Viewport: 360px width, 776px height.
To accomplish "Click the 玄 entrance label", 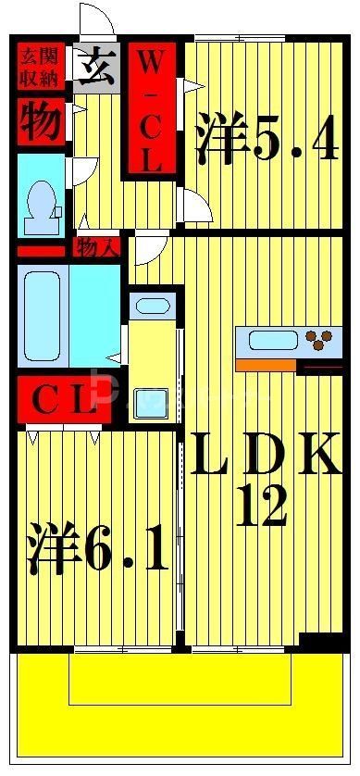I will pyautogui.click(x=96, y=66).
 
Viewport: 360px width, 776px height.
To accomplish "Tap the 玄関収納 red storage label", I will pyautogui.click(x=40, y=66).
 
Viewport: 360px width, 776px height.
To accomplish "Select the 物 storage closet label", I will pyautogui.click(x=41, y=121).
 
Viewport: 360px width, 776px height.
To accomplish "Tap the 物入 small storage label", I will pyautogui.click(x=97, y=247).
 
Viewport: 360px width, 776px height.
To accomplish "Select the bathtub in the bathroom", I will pyautogui.click(x=40, y=318).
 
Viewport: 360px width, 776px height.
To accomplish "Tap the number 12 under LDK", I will pyautogui.click(x=260, y=506).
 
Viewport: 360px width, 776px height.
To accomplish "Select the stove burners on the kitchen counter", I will pyautogui.click(x=321, y=341).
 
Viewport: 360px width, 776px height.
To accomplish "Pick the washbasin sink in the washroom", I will pyautogui.click(x=146, y=305).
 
